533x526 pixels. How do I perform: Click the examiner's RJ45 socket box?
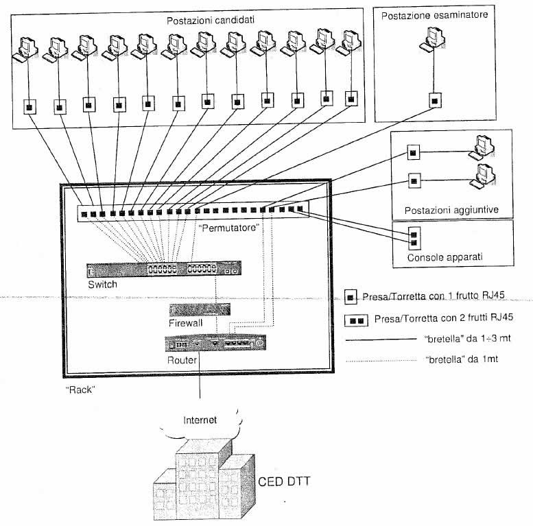434,100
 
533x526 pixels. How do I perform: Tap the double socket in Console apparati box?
413,237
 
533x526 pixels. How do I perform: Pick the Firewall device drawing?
199,309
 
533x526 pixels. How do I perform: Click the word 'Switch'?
102,284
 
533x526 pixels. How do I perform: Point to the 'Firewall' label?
186,322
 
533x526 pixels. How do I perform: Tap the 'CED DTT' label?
284,481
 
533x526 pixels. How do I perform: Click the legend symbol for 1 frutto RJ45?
350,297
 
